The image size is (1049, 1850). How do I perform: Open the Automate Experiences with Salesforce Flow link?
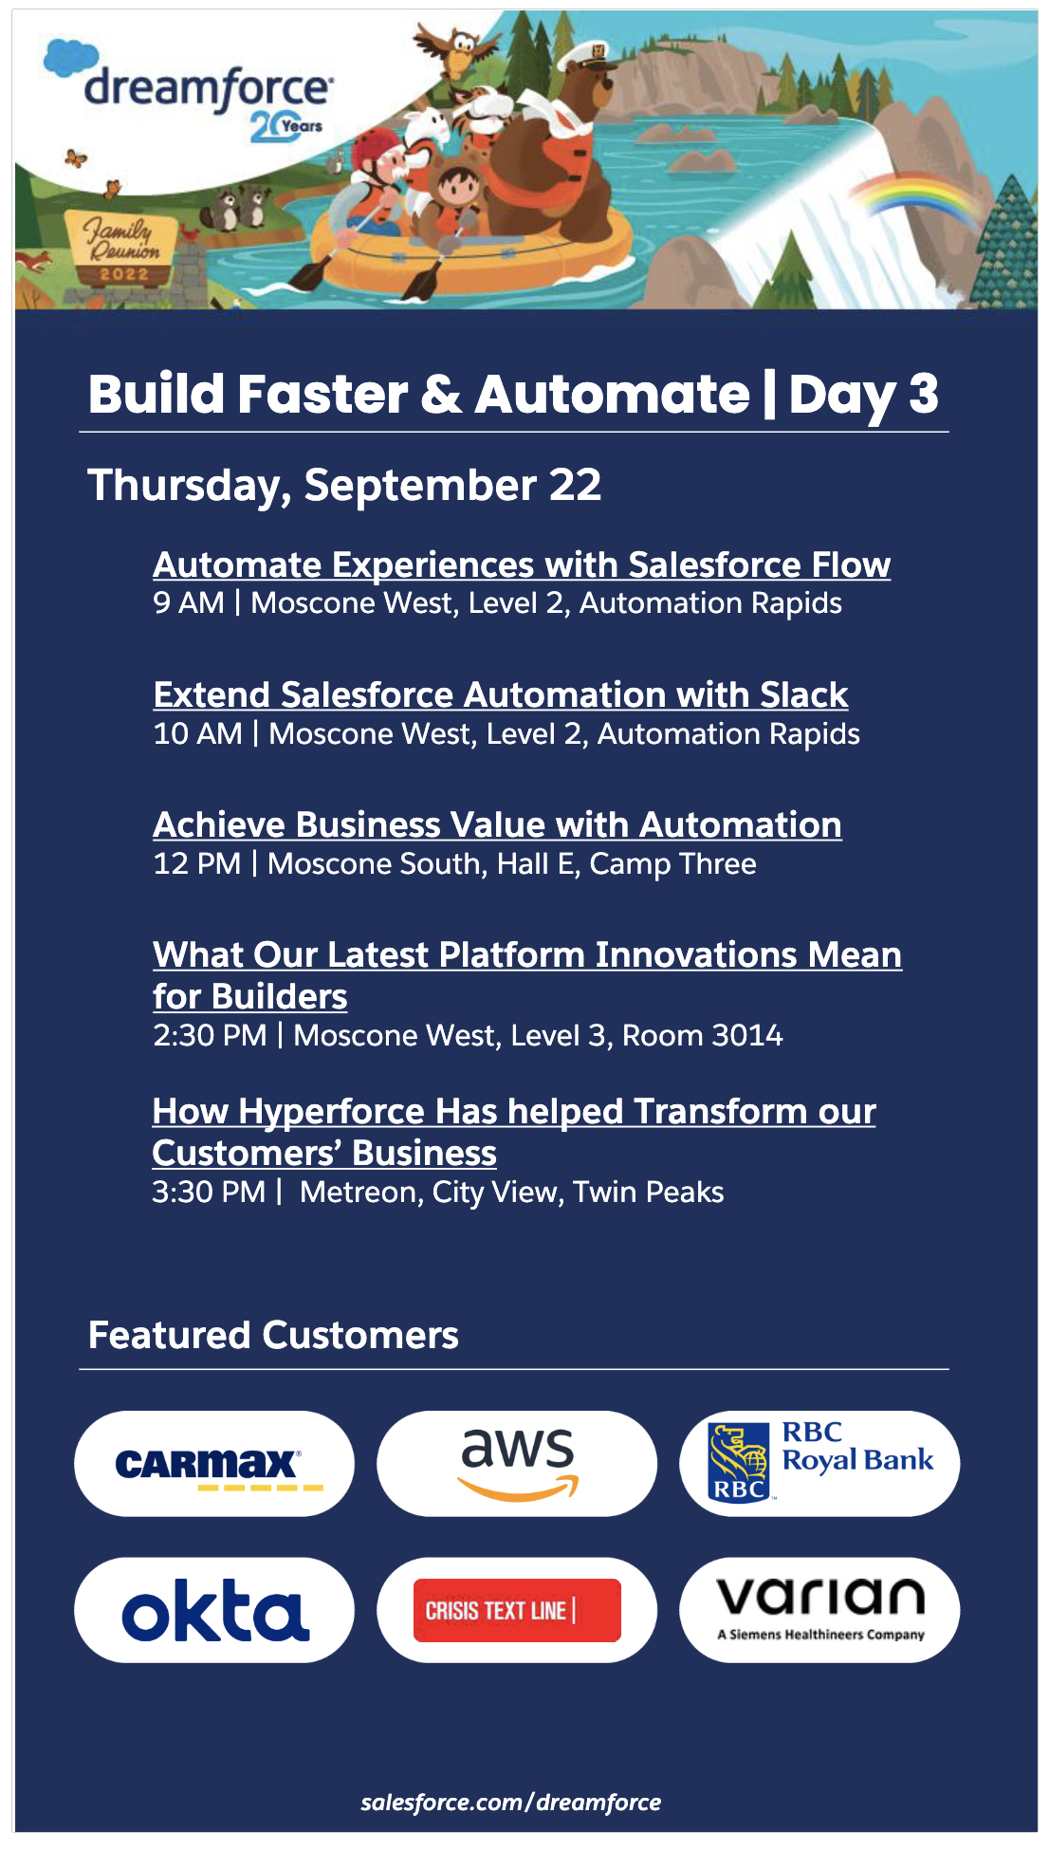521,564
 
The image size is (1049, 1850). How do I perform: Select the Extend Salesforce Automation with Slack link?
500,694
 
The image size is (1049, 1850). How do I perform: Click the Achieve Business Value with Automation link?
497,824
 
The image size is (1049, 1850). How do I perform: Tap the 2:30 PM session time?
210,1035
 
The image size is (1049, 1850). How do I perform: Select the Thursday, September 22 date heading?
344,485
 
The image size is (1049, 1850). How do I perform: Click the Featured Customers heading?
273,1335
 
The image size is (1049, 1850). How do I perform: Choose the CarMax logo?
214,1464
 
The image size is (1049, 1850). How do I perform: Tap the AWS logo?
517,1464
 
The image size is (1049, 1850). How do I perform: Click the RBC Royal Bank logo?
819,1464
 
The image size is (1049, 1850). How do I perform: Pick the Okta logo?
214,1610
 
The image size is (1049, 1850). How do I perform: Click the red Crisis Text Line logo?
517,1610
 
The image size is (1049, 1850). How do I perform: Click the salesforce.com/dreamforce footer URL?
510,1803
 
